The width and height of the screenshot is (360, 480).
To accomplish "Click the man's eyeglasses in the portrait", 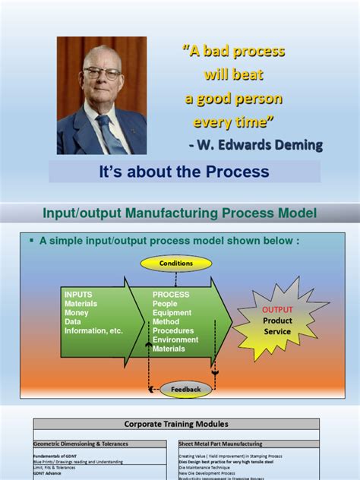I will (x=101, y=74).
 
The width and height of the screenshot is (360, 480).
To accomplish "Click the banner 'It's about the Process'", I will (x=185, y=172).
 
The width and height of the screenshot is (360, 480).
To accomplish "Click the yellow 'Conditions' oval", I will (x=176, y=264).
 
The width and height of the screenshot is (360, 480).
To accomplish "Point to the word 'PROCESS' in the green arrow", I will (x=171, y=294).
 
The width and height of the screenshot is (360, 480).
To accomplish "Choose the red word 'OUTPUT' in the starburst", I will (x=277, y=310).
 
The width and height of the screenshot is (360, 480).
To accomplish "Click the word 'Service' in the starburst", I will (x=277, y=332).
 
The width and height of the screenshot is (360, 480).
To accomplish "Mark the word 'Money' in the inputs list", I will (x=77, y=312).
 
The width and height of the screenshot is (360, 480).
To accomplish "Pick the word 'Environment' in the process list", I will (x=176, y=339).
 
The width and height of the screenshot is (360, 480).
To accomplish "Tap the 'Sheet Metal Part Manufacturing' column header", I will (x=221, y=444).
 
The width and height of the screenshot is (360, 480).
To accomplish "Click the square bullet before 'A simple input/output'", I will (x=33, y=240).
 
